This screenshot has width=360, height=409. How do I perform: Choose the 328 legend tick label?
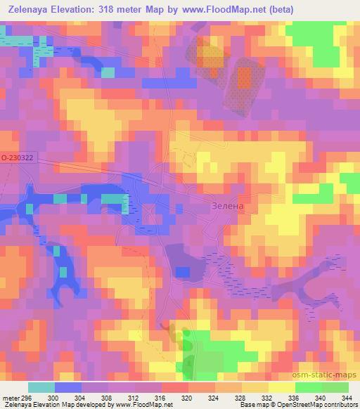coord(239,398)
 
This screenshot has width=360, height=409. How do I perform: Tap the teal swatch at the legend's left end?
coord(42,387)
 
